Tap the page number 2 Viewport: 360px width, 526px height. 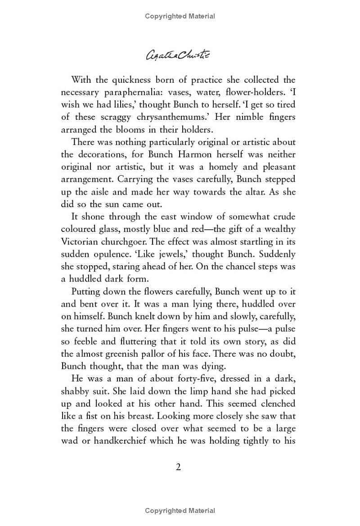click(178, 467)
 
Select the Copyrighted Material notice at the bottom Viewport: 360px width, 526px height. click(180, 511)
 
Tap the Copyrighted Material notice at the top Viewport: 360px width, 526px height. click(180, 16)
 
